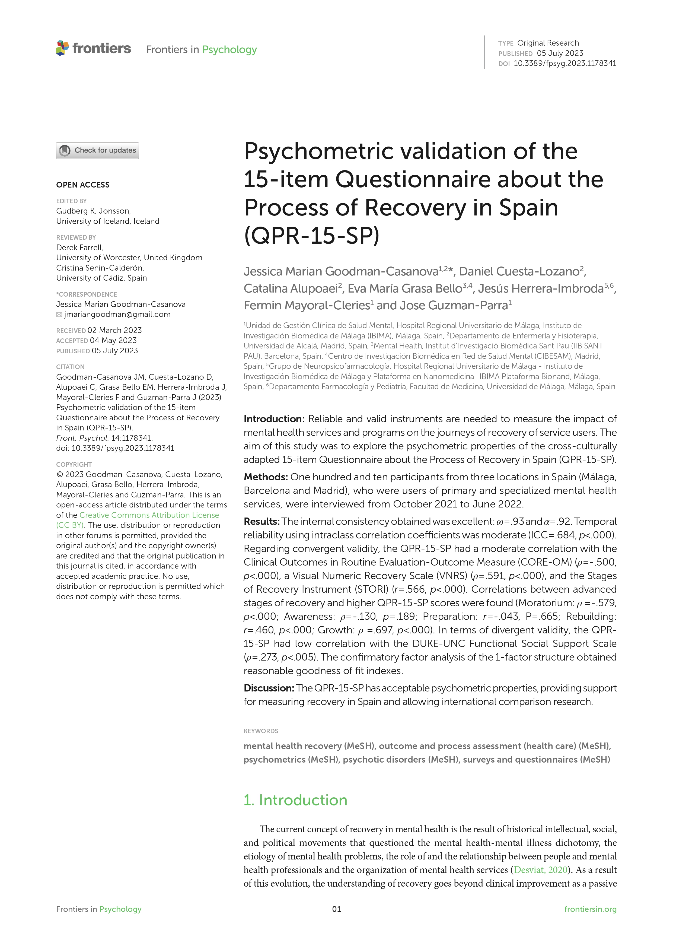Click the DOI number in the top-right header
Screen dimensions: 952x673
[565, 64]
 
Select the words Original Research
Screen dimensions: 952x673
[548, 43]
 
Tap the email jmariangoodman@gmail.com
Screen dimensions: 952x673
[117, 314]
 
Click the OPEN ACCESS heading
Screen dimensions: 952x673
[83, 185]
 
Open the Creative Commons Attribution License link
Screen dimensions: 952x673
[149, 515]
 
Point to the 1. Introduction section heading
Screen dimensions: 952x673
[295, 800]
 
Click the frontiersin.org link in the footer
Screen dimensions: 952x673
[590, 909]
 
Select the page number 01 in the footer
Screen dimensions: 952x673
[336, 909]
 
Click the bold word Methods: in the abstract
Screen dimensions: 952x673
[266, 477]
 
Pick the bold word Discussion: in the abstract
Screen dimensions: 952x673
[269, 688]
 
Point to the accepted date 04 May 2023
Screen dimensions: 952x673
[113, 340]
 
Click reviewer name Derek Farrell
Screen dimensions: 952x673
[79, 247]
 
